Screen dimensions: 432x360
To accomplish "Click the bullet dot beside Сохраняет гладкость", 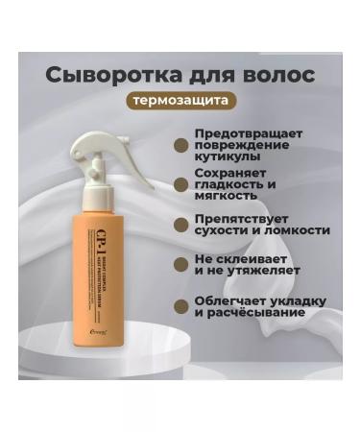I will tap(180, 183).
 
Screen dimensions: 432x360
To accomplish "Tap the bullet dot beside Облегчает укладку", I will tap(180, 306).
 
